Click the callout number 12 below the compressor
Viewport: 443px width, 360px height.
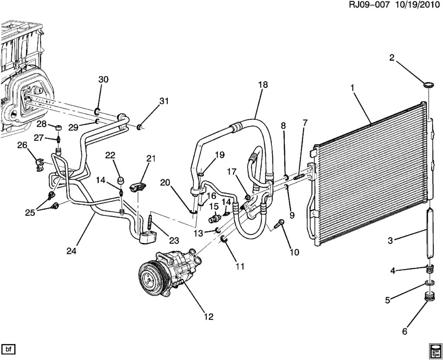click(x=209, y=317)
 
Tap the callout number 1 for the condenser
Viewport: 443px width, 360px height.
click(x=353, y=88)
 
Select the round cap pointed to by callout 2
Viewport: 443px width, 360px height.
click(x=429, y=84)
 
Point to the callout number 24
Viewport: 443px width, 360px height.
click(x=72, y=250)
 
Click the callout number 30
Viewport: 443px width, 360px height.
click(x=103, y=80)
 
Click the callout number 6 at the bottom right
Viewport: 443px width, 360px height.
click(x=405, y=331)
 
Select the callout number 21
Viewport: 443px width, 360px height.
click(x=151, y=159)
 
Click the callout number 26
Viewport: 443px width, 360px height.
click(x=22, y=145)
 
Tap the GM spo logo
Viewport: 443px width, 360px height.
click(x=434, y=350)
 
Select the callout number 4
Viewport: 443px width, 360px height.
click(x=393, y=271)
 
